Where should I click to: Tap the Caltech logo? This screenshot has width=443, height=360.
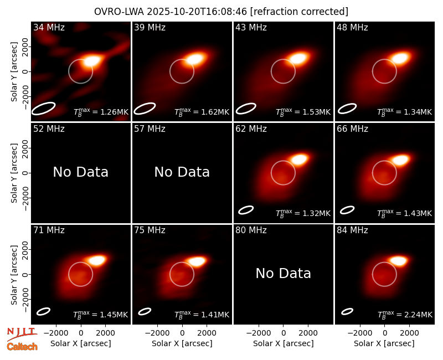22,347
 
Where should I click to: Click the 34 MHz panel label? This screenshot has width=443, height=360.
49,27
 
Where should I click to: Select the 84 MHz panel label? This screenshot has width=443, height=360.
352,230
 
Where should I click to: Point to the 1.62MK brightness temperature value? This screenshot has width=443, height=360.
215,112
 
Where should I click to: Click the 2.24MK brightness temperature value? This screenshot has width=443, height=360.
418,315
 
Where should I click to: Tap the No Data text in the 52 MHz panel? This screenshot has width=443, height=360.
80,172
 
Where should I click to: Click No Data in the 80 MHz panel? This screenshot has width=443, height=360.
283,273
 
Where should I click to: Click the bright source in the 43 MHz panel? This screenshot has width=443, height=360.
299,59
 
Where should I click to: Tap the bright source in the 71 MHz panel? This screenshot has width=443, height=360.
96,260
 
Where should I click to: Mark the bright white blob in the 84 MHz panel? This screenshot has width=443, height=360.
399,260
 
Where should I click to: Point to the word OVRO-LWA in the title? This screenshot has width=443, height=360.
119,12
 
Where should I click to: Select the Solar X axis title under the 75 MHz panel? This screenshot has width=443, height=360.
182,343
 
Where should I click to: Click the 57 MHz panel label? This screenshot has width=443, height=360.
150,129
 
